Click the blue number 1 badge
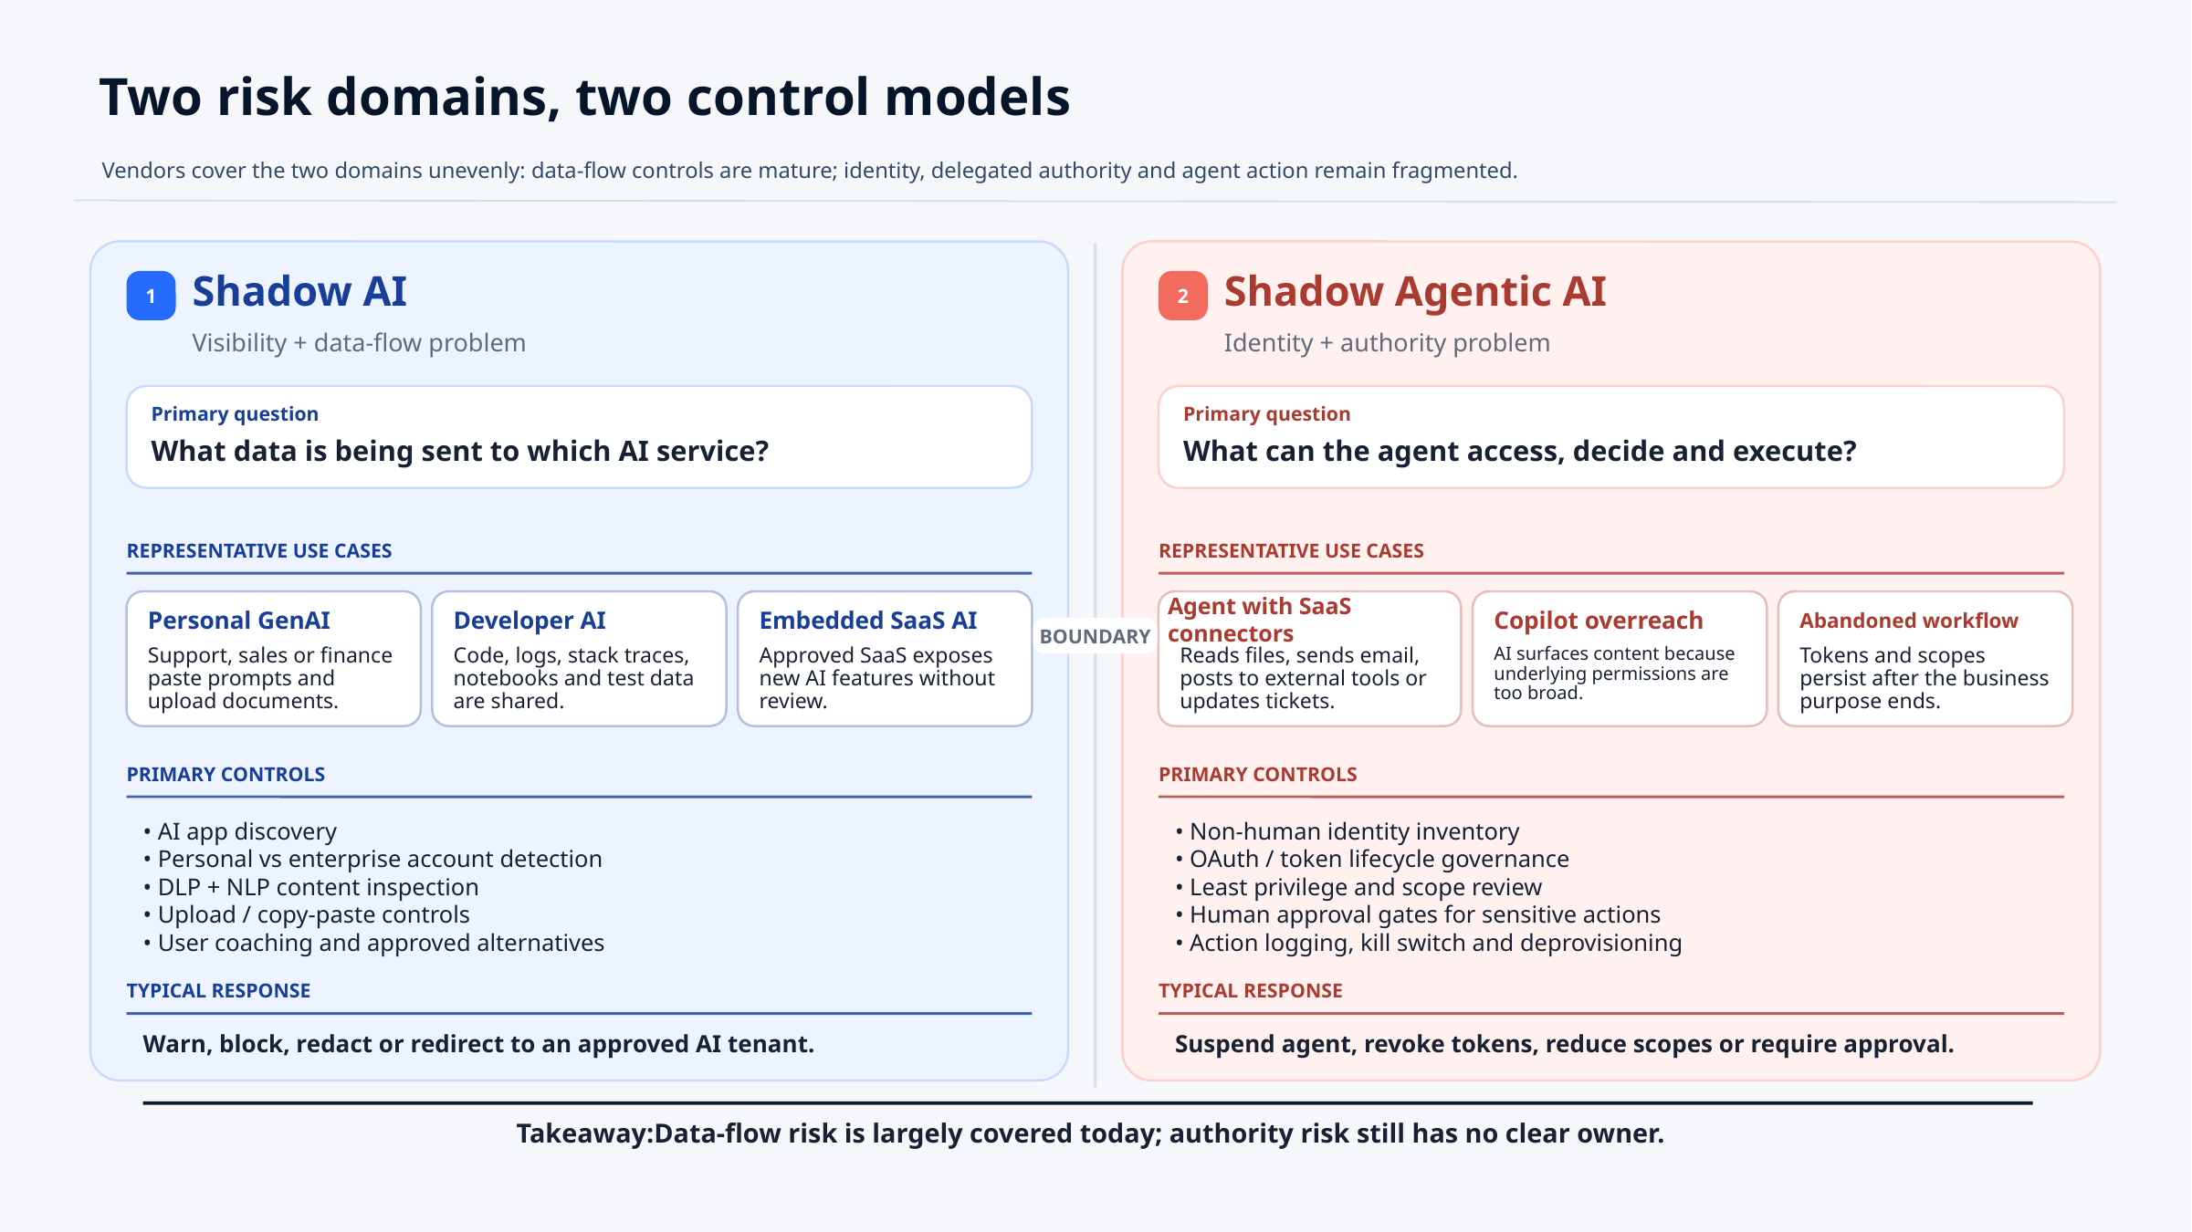tap(151, 296)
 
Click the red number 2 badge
tap(1182, 296)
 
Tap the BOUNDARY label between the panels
tap(1095, 636)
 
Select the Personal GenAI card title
tap(238, 621)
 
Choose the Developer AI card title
tap(530, 621)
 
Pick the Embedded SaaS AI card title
tap(867, 621)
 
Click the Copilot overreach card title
tap(1598, 621)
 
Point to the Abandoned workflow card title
tap(1908, 621)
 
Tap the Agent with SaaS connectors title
tap(1259, 620)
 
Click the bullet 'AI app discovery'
tap(240, 831)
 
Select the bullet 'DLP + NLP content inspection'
tap(310, 887)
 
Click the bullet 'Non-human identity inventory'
tap(1348, 831)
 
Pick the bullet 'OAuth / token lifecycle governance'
tap(1372, 859)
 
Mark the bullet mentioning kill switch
tap(1429, 943)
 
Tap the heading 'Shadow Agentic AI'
tap(1414, 291)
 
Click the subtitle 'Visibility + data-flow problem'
tap(359, 343)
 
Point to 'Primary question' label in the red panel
tap(1266, 414)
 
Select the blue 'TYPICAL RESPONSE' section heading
tap(218, 991)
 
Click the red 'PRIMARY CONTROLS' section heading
tap(1257, 775)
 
